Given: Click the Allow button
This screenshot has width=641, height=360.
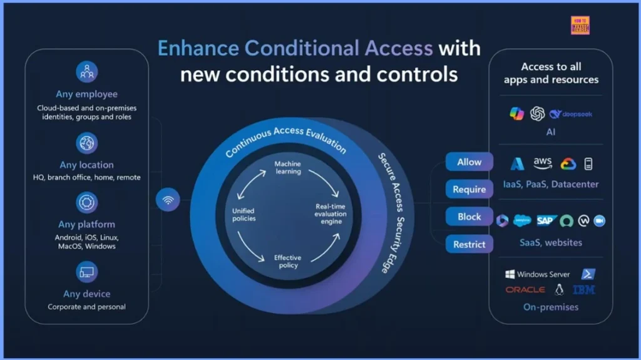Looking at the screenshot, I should click(x=469, y=162).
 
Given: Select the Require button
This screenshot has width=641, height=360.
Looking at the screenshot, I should click(x=469, y=189).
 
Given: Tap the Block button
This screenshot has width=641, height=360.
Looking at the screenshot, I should click(x=469, y=217).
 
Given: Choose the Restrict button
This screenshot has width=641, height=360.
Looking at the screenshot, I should click(x=469, y=244).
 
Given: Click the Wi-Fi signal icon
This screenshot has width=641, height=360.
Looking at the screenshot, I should click(x=168, y=200).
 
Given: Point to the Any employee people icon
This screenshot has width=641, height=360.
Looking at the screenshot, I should click(x=87, y=72).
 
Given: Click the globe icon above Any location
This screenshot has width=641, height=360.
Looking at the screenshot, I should click(x=87, y=143).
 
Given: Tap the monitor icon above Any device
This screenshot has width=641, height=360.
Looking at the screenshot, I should click(x=87, y=272).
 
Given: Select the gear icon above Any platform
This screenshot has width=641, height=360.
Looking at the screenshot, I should click(x=87, y=203).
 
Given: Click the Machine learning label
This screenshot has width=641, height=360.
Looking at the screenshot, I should click(x=287, y=168).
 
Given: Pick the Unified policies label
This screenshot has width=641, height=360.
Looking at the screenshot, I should click(x=244, y=215).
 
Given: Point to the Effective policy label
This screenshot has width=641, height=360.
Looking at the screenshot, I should click(x=287, y=261).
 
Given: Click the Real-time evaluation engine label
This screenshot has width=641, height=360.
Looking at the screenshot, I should click(x=330, y=214).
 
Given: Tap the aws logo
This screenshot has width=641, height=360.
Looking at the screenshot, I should click(x=543, y=163).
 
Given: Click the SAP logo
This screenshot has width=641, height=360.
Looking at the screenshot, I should click(x=546, y=220).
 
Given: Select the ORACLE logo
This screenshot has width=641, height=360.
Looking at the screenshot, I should click(x=525, y=290).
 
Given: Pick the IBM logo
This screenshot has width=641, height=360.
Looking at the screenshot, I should click(x=583, y=290).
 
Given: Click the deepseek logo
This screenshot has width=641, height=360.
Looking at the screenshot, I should click(x=571, y=115).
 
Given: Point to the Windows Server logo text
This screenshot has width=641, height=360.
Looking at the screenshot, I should click(x=538, y=274).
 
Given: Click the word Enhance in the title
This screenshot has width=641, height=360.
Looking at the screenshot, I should click(x=198, y=48).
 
